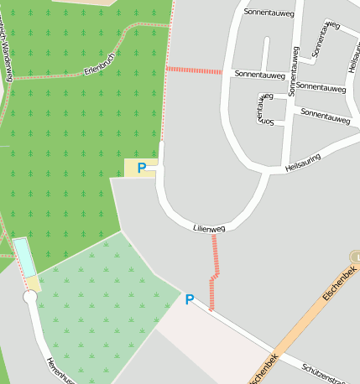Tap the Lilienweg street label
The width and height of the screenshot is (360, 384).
click(209, 227)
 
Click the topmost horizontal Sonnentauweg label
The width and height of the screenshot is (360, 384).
click(269, 13)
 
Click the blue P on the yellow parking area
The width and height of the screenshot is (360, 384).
click(142, 168)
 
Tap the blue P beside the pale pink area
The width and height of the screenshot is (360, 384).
click(190, 299)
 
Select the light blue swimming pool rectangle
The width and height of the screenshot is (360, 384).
click(24, 257)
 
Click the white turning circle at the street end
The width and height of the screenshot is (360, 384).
click(30, 298)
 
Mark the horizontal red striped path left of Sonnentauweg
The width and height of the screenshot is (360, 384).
click(194, 70)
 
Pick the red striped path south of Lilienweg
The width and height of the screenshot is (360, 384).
click(215, 268)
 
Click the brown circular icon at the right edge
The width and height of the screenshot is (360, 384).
click(355, 257)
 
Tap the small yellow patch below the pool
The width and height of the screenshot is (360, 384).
click(34, 283)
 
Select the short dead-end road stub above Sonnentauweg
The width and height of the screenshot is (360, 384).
click(265, 54)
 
